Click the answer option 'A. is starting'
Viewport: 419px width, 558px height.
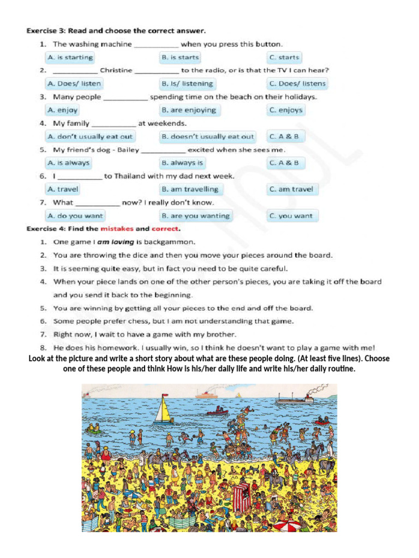click(70, 57)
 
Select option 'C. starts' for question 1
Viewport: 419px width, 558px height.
click(284, 57)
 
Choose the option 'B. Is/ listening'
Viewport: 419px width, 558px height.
click(187, 84)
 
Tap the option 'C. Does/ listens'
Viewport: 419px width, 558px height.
click(297, 84)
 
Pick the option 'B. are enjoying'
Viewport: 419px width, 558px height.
click(188, 110)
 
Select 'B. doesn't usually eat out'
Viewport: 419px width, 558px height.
click(207, 136)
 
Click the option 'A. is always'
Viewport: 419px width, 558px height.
click(68, 163)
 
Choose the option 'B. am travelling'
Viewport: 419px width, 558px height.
click(189, 189)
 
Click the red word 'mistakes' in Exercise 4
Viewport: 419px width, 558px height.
click(117, 229)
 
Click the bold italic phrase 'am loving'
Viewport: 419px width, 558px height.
click(115, 242)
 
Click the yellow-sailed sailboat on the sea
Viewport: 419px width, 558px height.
click(163, 410)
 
